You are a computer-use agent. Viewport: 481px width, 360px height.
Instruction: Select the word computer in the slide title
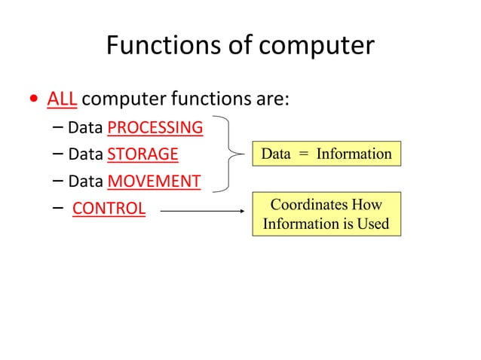317,46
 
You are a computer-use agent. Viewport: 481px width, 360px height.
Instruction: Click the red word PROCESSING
155,127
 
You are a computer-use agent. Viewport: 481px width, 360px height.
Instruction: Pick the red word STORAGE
142,154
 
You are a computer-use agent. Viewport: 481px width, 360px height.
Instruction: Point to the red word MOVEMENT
154,182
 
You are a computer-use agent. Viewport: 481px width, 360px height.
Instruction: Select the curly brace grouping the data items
227,154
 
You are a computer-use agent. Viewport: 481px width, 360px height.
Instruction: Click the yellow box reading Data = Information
326,154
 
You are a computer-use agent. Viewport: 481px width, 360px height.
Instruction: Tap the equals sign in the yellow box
303,154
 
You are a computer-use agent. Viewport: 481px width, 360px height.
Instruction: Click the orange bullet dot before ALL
32,99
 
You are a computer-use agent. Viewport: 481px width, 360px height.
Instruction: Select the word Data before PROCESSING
85,127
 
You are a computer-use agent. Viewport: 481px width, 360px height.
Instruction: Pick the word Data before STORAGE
85,154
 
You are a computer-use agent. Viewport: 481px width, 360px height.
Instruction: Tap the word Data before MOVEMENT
85,182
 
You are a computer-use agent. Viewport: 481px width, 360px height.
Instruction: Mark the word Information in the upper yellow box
354,154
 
